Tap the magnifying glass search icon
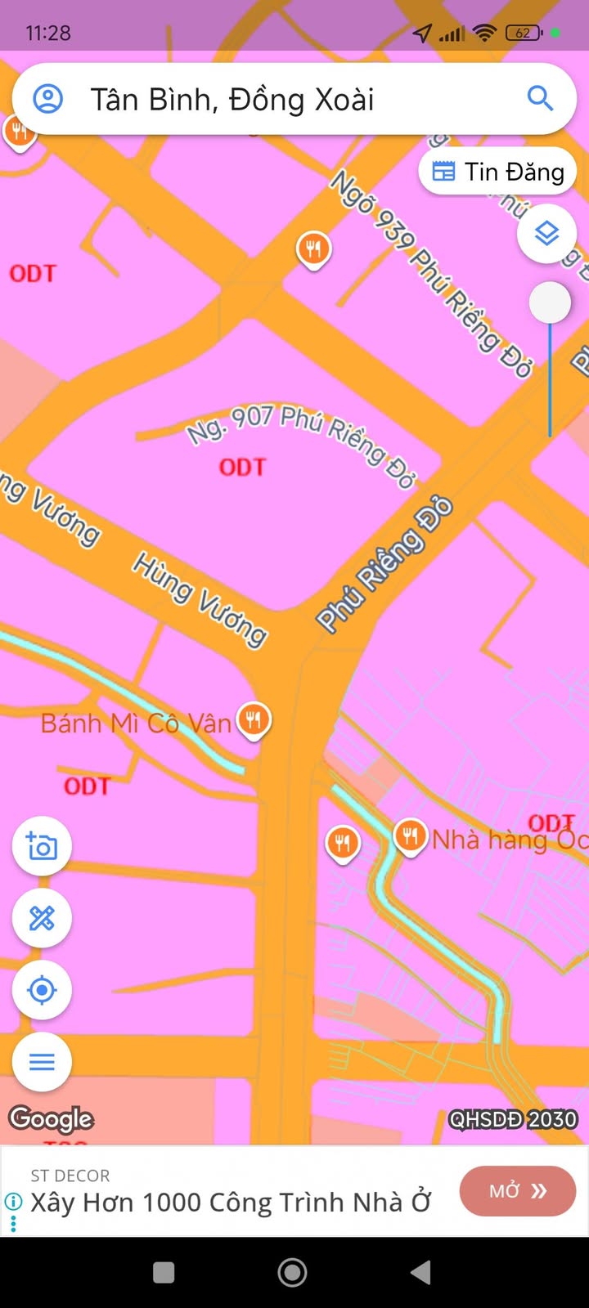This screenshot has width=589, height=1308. (x=540, y=99)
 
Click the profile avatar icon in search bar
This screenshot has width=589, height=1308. (x=47, y=99)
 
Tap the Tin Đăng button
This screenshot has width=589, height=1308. (x=497, y=172)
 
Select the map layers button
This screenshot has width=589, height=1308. (x=546, y=234)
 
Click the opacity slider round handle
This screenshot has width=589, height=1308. (x=550, y=303)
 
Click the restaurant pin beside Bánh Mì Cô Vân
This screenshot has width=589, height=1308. (x=254, y=720)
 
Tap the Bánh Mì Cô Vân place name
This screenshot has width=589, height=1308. (x=136, y=723)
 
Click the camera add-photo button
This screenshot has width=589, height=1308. (x=42, y=846)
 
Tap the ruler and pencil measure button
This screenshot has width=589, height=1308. (x=42, y=918)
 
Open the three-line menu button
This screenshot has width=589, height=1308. (x=42, y=1062)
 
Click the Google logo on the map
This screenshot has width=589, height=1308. (x=51, y=1118)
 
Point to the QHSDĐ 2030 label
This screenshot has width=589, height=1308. (x=513, y=1119)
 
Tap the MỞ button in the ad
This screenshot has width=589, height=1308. (x=517, y=1191)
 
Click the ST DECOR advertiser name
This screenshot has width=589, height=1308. (x=70, y=1176)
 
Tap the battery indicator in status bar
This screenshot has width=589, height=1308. (x=524, y=33)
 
